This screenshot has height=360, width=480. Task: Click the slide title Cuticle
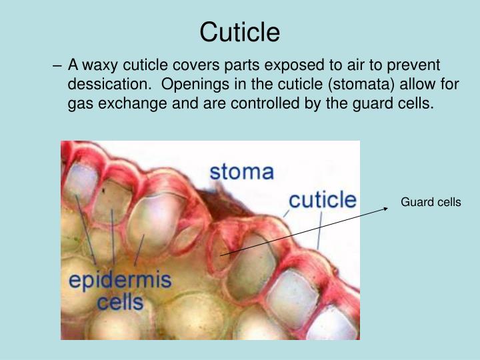click(x=240, y=31)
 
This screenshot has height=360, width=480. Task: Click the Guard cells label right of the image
click(x=431, y=202)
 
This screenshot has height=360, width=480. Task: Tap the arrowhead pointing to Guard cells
click(x=386, y=208)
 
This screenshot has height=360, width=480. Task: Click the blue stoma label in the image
click(x=241, y=172)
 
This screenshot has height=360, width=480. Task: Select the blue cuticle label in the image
click(x=322, y=199)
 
